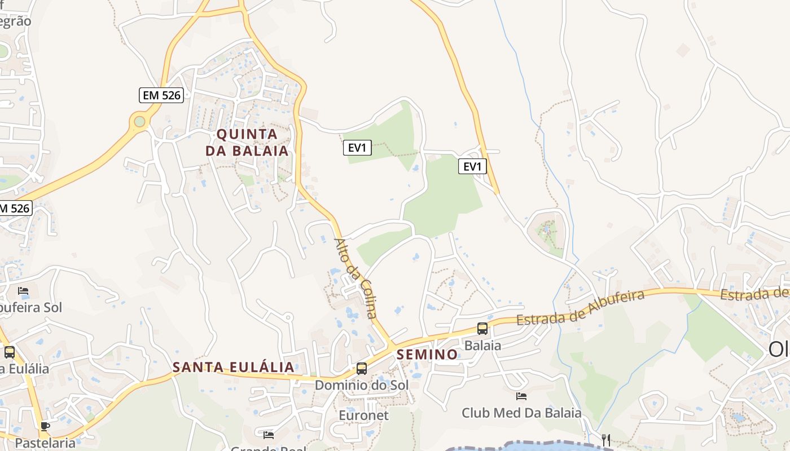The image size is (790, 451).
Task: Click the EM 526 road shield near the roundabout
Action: (x=161, y=95)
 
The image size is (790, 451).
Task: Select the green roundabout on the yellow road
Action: (x=139, y=121)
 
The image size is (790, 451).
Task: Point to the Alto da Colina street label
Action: (x=355, y=278)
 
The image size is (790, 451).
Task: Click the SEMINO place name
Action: (x=427, y=355)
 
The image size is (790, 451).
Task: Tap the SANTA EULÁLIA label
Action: (x=233, y=367)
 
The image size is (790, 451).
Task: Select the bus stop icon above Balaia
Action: (x=482, y=329)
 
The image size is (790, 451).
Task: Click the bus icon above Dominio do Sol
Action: (x=362, y=369)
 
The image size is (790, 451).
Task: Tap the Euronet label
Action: (x=363, y=415)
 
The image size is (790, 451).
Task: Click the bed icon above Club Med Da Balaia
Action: (x=521, y=396)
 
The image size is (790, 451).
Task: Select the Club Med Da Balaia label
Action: (x=521, y=413)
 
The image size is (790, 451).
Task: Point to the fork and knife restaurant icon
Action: (x=606, y=440)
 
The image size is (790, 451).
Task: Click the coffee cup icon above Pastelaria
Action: (x=45, y=426)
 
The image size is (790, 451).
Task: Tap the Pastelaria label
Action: (x=45, y=443)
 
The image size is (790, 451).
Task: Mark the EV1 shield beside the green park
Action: (x=357, y=148)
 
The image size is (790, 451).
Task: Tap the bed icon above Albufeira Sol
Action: (x=23, y=291)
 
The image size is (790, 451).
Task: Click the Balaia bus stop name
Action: (x=482, y=345)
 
